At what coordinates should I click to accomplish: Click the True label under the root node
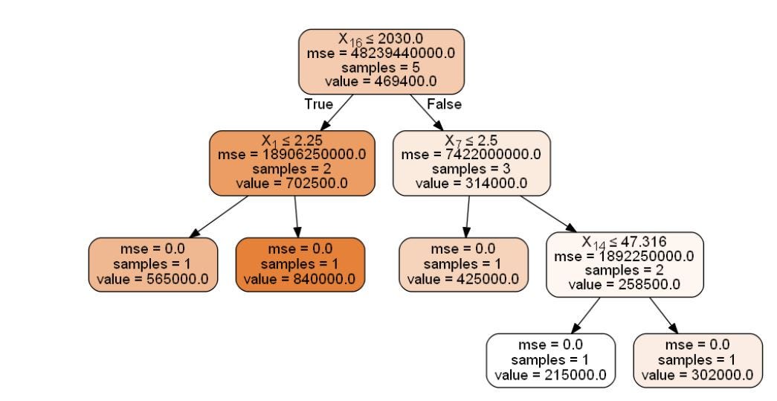[318, 104]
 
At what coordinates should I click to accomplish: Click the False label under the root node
[444, 104]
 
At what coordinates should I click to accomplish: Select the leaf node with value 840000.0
[300, 264]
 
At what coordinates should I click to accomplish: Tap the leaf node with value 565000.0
[153, 264]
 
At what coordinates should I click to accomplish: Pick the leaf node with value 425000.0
[463, 264]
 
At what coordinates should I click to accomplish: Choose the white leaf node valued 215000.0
[551, 361]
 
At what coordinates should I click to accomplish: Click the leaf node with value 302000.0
[698, 361]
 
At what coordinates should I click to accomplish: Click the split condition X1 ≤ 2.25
[291, 140]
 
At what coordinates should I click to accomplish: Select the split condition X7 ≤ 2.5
[471, 140]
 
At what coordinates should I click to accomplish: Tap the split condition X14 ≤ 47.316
[624, 242]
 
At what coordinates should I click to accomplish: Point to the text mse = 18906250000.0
[291, 154]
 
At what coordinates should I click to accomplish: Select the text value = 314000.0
[471, 182]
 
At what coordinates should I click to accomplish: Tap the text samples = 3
[471, 168]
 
